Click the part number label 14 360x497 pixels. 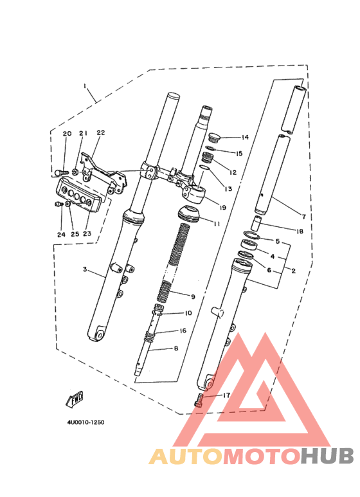[x=245, y=137]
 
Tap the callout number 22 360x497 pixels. [x=100, y=132]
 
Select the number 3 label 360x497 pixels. [x=85, y=269]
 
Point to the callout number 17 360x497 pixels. [x=226, y=395]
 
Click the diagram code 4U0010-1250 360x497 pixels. [x=85, y=422]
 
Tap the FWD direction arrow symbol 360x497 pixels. [x=75, y=399]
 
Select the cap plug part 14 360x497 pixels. [x=215, y=138]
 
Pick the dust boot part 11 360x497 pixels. [x=190, y=213]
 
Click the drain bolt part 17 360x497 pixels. [x=199, y=400]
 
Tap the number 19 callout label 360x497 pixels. [x=222, y=208]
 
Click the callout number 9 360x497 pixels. [x=193, y=296]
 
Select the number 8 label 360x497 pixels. [x=176, y=348]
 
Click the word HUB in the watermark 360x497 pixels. [x=327, y=456]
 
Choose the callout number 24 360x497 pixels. [x=61, y=235]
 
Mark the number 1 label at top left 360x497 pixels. [x=85, y=86]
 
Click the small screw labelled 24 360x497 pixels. [x=58, y=204]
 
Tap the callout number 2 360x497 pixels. [x=293, y=271]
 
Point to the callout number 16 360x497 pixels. [x=183, y=330]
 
